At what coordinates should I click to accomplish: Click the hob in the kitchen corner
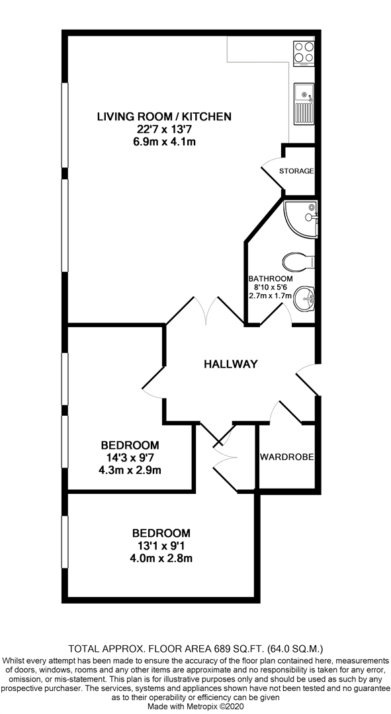coord(304,52)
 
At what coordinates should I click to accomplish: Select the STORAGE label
coord(296,171)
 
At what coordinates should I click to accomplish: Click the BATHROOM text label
coord(270,279)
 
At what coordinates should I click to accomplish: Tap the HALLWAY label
coord(230,364)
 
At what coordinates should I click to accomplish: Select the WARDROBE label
coord(286,457)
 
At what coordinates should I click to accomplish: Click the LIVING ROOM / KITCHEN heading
coord(163,117)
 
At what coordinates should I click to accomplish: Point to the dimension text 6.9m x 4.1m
coord(163,141)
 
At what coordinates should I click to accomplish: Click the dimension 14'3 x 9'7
coord(130,457)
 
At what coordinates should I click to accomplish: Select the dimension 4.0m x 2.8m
coord(161,557)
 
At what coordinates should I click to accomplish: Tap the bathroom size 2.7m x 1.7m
coord(270,296)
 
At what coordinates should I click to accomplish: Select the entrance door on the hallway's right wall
coord(306,380)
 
